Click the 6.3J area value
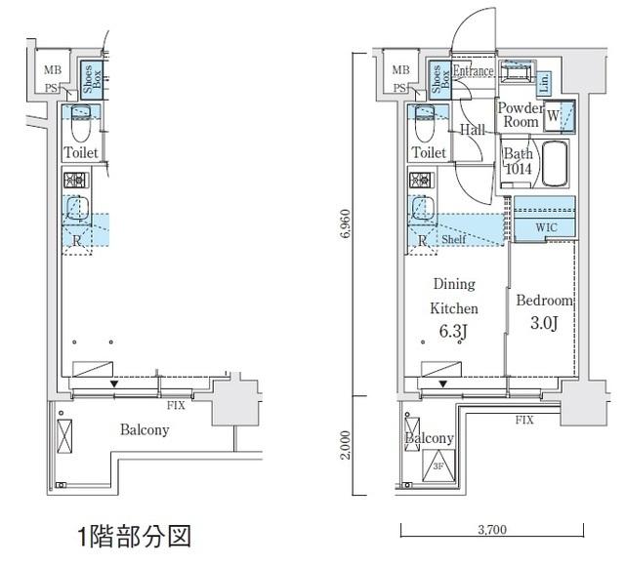click(452, 333)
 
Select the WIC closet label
click(545, 227)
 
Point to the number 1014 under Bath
click(517, 169)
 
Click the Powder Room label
click(520, 115)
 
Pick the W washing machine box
click(560, 116)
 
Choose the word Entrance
click(474, 72)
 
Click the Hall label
click(473, 130)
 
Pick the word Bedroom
click(543, 302)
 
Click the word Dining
click(453, 285)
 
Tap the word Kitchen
click(453, 308)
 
